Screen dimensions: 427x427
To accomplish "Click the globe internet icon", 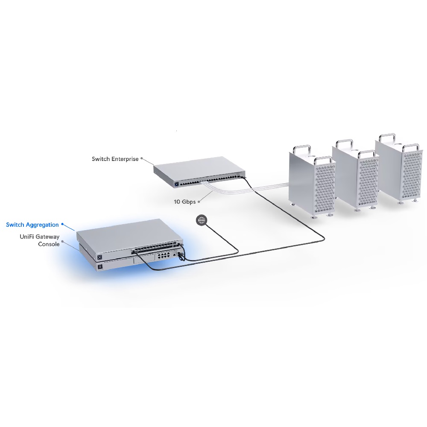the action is (x=202, y=220).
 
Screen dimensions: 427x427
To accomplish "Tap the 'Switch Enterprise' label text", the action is (x=115, y=159).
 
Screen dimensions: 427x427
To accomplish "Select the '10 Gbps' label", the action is (x=184, y=202).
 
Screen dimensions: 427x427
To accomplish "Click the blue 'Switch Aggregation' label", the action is (x=32, y=225).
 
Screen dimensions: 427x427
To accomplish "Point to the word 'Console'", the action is (x=49, y=244).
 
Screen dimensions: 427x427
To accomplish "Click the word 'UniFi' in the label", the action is (x=26, y=237).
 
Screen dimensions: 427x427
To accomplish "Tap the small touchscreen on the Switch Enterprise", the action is (x=176, y=184).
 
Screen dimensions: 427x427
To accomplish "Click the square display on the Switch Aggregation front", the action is (x=99, y=257).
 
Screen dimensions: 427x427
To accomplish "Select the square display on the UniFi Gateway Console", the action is (x=99, y=267).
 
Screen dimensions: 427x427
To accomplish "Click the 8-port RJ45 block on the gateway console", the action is (x=163, y=256).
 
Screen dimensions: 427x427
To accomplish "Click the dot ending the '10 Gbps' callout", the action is (x=199, y=202).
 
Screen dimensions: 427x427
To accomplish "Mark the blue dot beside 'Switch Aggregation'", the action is (x=62, y=224).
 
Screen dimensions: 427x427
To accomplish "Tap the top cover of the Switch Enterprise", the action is (x=199, y=167).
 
